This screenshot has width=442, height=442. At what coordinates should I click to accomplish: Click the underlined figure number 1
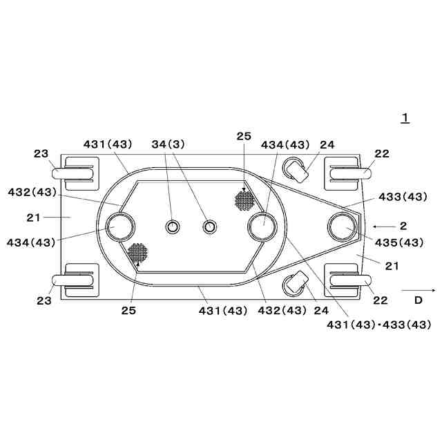click(405, 118)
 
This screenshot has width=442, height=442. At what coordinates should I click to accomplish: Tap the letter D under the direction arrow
click(419, 300)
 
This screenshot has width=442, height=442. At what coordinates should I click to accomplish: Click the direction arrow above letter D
click(419, 290)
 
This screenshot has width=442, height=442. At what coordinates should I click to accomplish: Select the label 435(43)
click(399, 242)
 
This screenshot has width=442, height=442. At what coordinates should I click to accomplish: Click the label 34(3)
click(169, 144)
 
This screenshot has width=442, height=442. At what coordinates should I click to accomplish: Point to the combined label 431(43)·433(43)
click(379, 325)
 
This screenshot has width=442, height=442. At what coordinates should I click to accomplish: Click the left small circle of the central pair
click(172, 227)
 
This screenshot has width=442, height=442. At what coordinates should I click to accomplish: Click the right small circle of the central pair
click(210, 227)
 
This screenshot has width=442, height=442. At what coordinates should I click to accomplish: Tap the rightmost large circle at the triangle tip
click(343, 227)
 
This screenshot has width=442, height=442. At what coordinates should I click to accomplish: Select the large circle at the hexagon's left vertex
click(120, 227)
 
